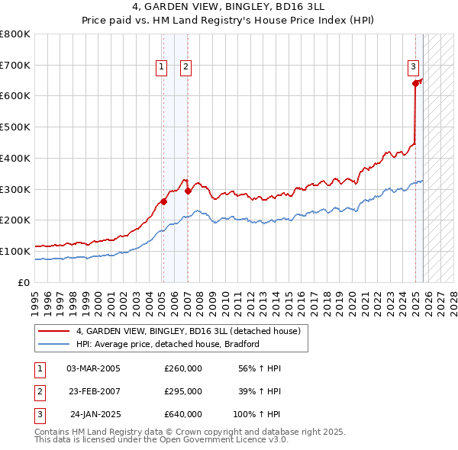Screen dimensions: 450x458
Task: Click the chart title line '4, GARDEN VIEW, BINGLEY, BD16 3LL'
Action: click(229, 8)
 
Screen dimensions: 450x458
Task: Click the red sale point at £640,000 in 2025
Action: click(415, 83)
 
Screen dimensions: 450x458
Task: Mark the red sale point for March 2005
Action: click(163, 202)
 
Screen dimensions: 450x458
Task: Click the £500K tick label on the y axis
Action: click(15, 127)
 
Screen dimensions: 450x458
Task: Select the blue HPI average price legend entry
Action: click(168, 344)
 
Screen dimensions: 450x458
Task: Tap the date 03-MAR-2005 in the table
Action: click(93, 368)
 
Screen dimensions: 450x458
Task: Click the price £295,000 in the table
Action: click(183, 391)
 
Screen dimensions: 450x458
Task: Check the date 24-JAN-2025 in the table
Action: click(95, 414)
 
